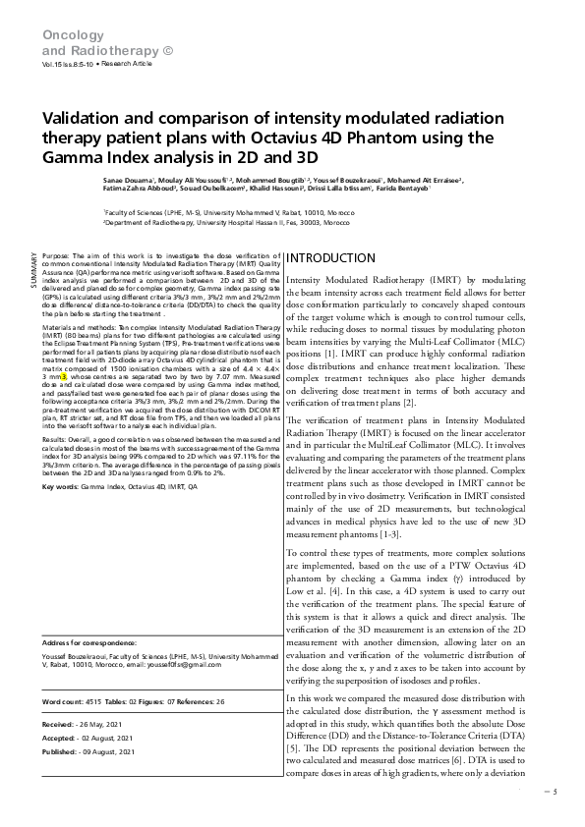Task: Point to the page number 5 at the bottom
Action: pos(554,791)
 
